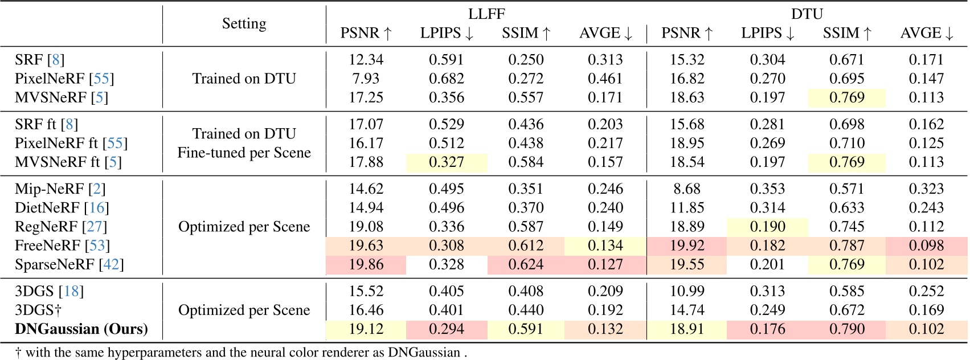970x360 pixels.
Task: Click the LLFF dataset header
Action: (486, 14)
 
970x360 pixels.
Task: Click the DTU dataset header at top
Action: (807, 14)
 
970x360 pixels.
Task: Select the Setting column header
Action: (244, 23)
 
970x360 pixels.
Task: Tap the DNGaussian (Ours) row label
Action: (81, 329)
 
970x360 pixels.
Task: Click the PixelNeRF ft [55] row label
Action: (71, 143)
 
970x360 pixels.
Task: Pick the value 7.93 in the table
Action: (366, 79)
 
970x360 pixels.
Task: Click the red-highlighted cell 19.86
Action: (366, 264)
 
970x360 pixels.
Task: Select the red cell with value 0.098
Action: (926, 246)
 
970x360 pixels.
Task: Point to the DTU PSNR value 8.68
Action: (687, 189)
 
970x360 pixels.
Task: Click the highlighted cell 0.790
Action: (846, 329)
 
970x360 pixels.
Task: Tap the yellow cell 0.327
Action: (446, 162)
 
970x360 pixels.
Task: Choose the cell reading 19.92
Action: (687, 246)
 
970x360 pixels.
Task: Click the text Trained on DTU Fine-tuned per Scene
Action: (244, 143)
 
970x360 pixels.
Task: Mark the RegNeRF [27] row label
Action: (61, 227)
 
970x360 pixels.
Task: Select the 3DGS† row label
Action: (38, 310)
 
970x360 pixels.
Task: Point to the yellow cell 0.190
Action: (767, 227)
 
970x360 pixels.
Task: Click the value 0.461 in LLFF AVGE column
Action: (605, 79)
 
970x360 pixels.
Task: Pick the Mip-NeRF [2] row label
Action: (60, 189)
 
